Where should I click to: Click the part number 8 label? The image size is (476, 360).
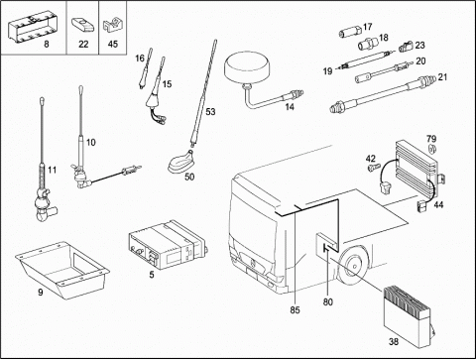click(47, 44)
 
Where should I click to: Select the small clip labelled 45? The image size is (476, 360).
click(112, 26)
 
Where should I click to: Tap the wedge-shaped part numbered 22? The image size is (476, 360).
click(82, 26)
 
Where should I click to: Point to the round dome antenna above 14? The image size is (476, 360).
click(247, 68)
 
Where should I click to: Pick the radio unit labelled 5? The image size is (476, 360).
click(169, 244)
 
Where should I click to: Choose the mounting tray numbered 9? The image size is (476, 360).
click(61, 270)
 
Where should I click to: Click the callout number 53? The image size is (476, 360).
click(210, 112)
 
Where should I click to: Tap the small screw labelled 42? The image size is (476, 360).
click(373, 167)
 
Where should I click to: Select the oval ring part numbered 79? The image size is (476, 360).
click(431, 149)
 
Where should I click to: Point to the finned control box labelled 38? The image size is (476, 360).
click(408, 316)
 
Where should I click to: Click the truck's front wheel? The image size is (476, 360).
click(354, 266)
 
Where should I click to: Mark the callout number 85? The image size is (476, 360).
click(295, 309)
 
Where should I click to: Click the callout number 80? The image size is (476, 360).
click(328, 301)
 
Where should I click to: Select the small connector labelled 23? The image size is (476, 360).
click(406, 48)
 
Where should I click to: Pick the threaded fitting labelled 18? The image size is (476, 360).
click(368, 44)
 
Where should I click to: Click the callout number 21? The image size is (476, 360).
click(442, 77)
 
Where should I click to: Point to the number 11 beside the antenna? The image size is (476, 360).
click(52, 171)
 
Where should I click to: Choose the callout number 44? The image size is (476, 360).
click(438, 204)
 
